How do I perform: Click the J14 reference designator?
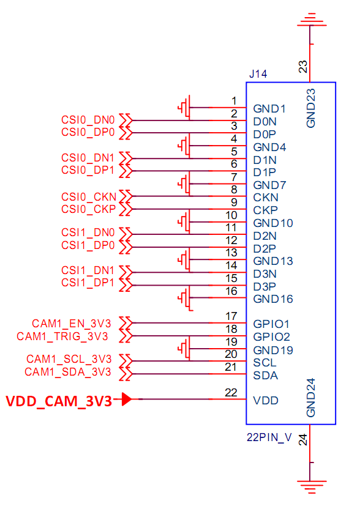[x=258, y=74]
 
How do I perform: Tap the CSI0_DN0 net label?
[x=88, y=120]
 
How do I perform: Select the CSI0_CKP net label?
[x=88, y=209]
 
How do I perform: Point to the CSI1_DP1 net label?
[x=88, y=283]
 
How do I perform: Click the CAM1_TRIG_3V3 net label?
[x=62, y=336]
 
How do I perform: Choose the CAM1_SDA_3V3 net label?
[x=68, y=372]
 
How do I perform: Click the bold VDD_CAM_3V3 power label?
[x=59, y=401]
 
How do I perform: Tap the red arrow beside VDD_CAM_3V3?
[x=127, y=399]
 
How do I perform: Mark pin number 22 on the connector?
[x=231, y=393]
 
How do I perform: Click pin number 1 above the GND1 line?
[x=234, y=101]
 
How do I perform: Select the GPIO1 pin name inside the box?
[x=271, y=324]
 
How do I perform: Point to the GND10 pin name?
[x=273, y=223]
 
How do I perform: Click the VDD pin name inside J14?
[x=266, y=401]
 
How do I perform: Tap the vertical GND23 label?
[x=311, y=108]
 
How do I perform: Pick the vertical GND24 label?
[x=311, y=398]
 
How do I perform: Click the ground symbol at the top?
[x=311, y=20]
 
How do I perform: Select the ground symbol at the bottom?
[x=311, y=487]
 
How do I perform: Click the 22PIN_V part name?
[x=269, y=437]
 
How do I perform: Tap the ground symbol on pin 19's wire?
[x=184, y=349]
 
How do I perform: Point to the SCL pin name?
[x=265, y=363]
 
